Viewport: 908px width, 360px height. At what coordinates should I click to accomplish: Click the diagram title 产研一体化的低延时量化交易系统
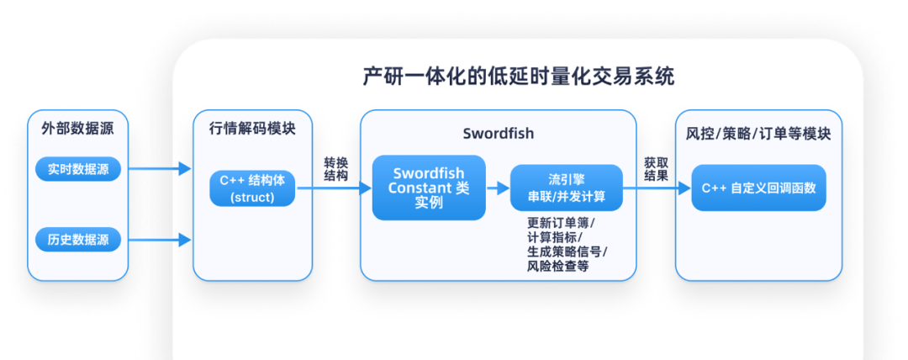coord(518,77)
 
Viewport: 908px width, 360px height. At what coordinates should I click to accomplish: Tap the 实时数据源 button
coord(78,169)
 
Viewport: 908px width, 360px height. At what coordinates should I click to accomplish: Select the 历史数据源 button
coord(78,240)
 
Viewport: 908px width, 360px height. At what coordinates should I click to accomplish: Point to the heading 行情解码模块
coord(252,131)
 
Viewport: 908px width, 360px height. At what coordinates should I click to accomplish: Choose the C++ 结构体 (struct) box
coord(252,188)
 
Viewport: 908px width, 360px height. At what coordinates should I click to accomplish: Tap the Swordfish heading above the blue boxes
coord(498,134)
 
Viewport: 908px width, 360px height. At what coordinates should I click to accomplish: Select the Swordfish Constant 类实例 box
coord(429,188)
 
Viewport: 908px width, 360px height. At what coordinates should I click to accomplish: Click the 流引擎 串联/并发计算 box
coord(566,188)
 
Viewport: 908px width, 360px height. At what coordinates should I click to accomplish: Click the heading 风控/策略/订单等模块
coord(758,134)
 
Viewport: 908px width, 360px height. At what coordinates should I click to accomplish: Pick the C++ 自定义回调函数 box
coord(758,188)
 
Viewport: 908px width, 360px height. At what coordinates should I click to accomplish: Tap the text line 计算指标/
coord(552,237)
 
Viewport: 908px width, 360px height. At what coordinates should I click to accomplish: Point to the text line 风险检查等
coord(557,266)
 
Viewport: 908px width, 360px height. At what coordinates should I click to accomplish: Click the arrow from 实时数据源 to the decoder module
coord(161,169)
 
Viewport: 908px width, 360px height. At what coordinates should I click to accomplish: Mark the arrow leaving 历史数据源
coord(161,240)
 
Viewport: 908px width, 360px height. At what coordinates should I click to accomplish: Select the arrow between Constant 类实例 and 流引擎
coord(498,188)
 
